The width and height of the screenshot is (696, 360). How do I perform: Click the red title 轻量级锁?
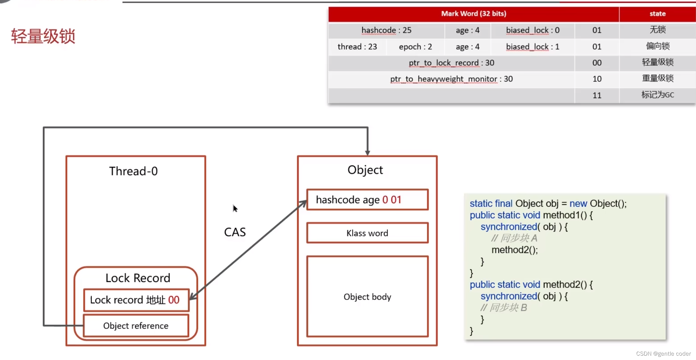pyautogui.click(x=43, y=36)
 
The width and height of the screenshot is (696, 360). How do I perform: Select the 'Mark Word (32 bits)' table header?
pyautogui.click(x=473, y=14)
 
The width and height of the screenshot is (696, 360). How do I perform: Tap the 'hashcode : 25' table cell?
pyautogui.click(x=386, y=30)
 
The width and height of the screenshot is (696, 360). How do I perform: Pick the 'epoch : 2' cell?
pyautogui.click(x=415, y=47)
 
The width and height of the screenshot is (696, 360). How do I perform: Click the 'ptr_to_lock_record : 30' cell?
pyautogui.click(x=451, y=63)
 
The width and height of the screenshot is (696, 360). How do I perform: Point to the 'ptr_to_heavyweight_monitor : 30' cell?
pyautogui.click(x=451, y=79)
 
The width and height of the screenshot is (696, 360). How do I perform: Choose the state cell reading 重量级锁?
pyautogui.click(x=657, y=79)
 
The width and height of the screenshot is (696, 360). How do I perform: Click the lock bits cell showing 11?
pyautogui.click(x=597, y=95)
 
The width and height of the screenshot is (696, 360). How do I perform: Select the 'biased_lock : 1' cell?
pyautogui.click(x=532, y=47)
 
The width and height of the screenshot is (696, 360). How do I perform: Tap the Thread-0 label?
pyautogui.click(x=133, y=171)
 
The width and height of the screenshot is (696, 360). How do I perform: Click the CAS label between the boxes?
pyautogui.click(x=235, y=232)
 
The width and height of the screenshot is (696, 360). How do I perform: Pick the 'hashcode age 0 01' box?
pyautogui.click(x=367, y=200)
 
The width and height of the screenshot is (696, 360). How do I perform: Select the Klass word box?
pyautogui.click(x=367, y=233)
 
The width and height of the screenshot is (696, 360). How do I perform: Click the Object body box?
pyautogui.click(x=367, y=297)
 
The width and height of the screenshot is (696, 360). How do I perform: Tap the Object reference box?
pyautogui.click(x=136, y=326)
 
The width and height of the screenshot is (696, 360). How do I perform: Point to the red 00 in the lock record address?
pyautogui.click(x=174, y=300)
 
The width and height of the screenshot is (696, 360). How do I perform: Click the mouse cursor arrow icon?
pyautogui.click(x=235, y=209)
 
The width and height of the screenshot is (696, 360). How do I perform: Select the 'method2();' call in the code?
pyautogui.click(x=514, y=250)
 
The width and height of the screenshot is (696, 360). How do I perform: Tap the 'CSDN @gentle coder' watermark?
pyautogui.click(x=663, y=354)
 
